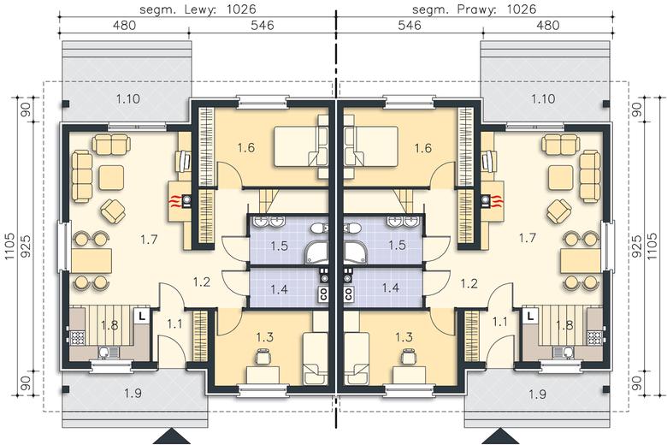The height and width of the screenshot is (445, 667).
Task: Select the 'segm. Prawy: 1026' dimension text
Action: click(x=475, y=9)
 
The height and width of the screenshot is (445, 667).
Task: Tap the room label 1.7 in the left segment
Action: click(x=149, y=240)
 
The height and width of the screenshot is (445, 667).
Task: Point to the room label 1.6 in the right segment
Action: click(x=422, y=148)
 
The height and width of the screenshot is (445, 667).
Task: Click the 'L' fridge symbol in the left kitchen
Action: click(x=142, y=316)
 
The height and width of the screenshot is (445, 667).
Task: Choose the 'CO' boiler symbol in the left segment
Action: click(x=323, y=294)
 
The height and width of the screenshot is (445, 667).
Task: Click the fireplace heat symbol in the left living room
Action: click(x=174, y=199)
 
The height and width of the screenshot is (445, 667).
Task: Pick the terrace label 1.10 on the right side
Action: click(x=543, y=98)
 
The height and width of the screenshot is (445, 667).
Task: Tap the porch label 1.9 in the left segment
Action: click(x=133, y=393)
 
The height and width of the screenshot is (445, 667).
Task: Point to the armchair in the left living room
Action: click(x=113, y=211)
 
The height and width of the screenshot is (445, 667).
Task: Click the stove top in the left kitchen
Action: click(x=78, y=338)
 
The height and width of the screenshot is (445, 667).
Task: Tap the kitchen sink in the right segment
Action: click(x=564, y=352)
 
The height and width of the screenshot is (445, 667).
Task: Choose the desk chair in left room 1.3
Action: click(x=263, y=356)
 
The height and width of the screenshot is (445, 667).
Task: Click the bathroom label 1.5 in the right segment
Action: click(x=397, y=246)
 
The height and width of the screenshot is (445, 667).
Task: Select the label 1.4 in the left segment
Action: click(x=279, y=289)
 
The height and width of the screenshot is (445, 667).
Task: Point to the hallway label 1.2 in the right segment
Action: click(x=469, y=283)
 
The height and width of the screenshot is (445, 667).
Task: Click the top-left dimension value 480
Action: click(x=125, y=26)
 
